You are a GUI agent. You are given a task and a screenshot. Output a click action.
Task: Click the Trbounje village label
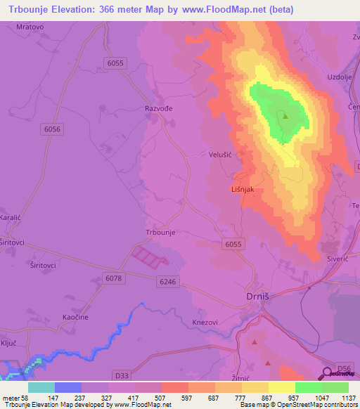click(160, 231)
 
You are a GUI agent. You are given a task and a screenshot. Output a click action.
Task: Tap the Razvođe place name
click(158, 109)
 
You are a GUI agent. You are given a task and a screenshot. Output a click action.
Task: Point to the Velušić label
click(221, 153)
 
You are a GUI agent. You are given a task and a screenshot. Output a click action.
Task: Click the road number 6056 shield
click(53, 129)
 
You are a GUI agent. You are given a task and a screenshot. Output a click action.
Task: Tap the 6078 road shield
click(114, 279)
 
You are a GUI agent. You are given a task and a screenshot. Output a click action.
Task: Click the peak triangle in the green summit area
click(285, 116)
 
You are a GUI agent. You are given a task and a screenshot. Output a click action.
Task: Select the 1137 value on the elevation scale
click(348, 398)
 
